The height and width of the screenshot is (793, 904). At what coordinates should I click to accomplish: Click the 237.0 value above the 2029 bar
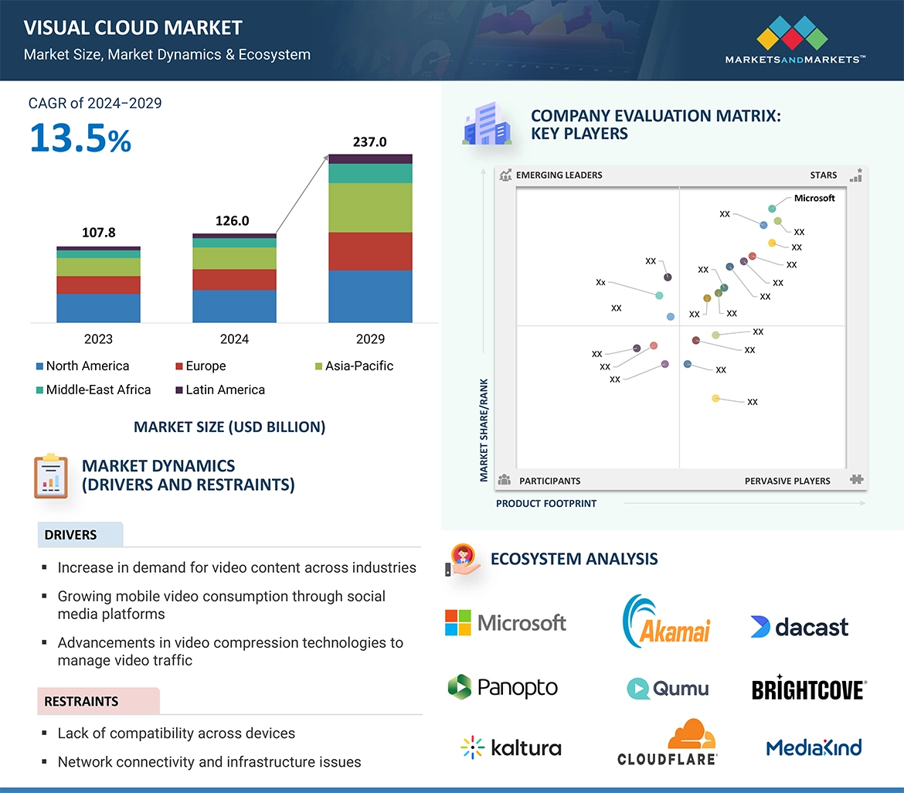point(369,142)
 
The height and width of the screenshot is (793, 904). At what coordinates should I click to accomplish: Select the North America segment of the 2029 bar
point(370,296)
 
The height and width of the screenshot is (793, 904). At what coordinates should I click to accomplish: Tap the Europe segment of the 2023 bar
point(98,285)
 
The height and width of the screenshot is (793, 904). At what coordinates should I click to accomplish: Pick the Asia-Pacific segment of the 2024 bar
point(234,258)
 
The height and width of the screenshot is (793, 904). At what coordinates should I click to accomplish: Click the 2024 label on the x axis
point(234,339)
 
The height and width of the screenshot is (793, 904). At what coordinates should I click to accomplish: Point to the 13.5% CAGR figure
point(80,138)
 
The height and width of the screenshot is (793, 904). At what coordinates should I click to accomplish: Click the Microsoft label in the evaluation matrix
point(814,198)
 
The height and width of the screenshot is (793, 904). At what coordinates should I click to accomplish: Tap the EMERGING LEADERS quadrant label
point(559,175)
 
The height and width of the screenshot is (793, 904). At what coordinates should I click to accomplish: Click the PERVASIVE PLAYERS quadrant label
point(787,481)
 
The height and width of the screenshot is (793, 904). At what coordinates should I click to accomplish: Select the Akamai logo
point(666,621)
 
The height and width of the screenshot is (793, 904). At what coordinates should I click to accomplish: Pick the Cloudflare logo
point(668,743)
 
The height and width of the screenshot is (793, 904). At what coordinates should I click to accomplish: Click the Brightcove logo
point(809,688)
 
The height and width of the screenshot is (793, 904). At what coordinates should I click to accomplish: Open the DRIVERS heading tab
point(71,535)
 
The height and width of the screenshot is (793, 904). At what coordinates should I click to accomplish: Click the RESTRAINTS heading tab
point(81,702)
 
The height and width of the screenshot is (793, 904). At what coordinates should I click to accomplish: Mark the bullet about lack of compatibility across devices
point(176,733)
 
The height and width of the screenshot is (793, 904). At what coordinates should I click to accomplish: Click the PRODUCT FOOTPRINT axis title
point(546,504)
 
